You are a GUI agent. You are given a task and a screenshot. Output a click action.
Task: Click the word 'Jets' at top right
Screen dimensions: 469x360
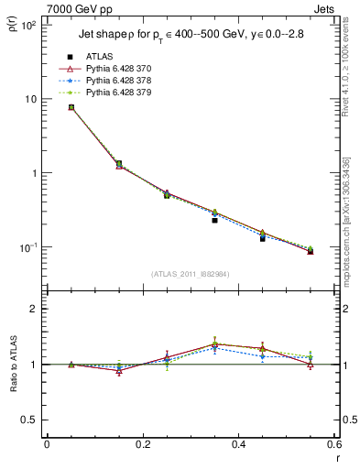tap(325, 8)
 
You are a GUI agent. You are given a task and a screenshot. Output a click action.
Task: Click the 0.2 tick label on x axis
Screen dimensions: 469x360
tap(142, 445)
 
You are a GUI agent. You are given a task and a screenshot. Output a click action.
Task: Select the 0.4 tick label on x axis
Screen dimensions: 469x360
tap(238, 445)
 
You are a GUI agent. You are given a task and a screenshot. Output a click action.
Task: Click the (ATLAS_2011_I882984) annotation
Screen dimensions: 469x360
tap(191, 274)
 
